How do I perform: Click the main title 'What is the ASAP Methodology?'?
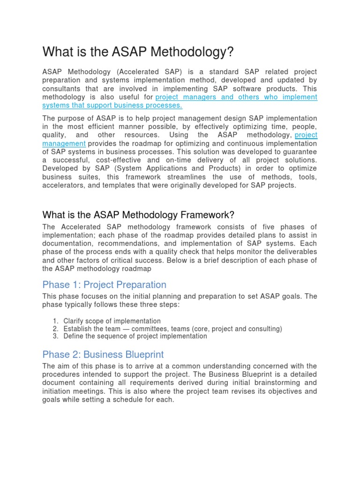pos(138,52)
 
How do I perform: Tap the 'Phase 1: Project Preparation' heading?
pos(104,285)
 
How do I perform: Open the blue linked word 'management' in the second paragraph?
pos(64,143)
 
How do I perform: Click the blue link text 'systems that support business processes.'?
pos(112,105)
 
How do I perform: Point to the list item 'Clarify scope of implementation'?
pos(112,321)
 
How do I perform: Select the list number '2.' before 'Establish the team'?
pos(56,329)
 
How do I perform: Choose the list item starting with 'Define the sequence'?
pos(135,336)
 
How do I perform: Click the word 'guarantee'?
pos(299,152)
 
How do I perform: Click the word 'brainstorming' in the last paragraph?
pos(271,383)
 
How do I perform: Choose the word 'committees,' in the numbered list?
pos(152,329)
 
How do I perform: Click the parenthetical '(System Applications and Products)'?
pos(162,169)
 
